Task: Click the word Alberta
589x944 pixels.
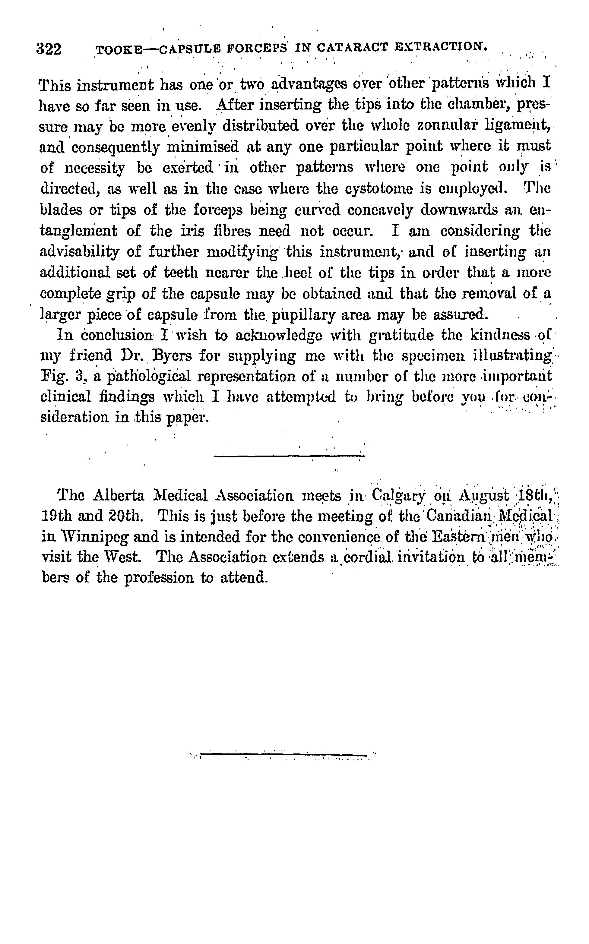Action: coord(119,496)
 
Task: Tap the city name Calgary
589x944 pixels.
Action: coord(398,496)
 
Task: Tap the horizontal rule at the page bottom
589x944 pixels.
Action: coord(283,754)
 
